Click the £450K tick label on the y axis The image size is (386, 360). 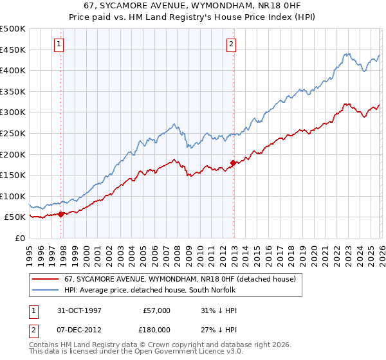pos(13,50)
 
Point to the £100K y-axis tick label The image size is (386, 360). pos(13,196)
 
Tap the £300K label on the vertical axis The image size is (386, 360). pos(13,113)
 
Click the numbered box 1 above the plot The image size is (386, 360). pos(59,44)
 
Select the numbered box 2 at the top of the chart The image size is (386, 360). pos(230,44)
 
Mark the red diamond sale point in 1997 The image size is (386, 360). pos(61,214)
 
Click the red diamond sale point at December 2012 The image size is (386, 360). pos(233,163)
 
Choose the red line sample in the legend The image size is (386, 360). pos(46,279)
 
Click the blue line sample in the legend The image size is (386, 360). pos(46,290)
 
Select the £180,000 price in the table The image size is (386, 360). pos(156,331)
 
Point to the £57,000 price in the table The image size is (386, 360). pos(156,310)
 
